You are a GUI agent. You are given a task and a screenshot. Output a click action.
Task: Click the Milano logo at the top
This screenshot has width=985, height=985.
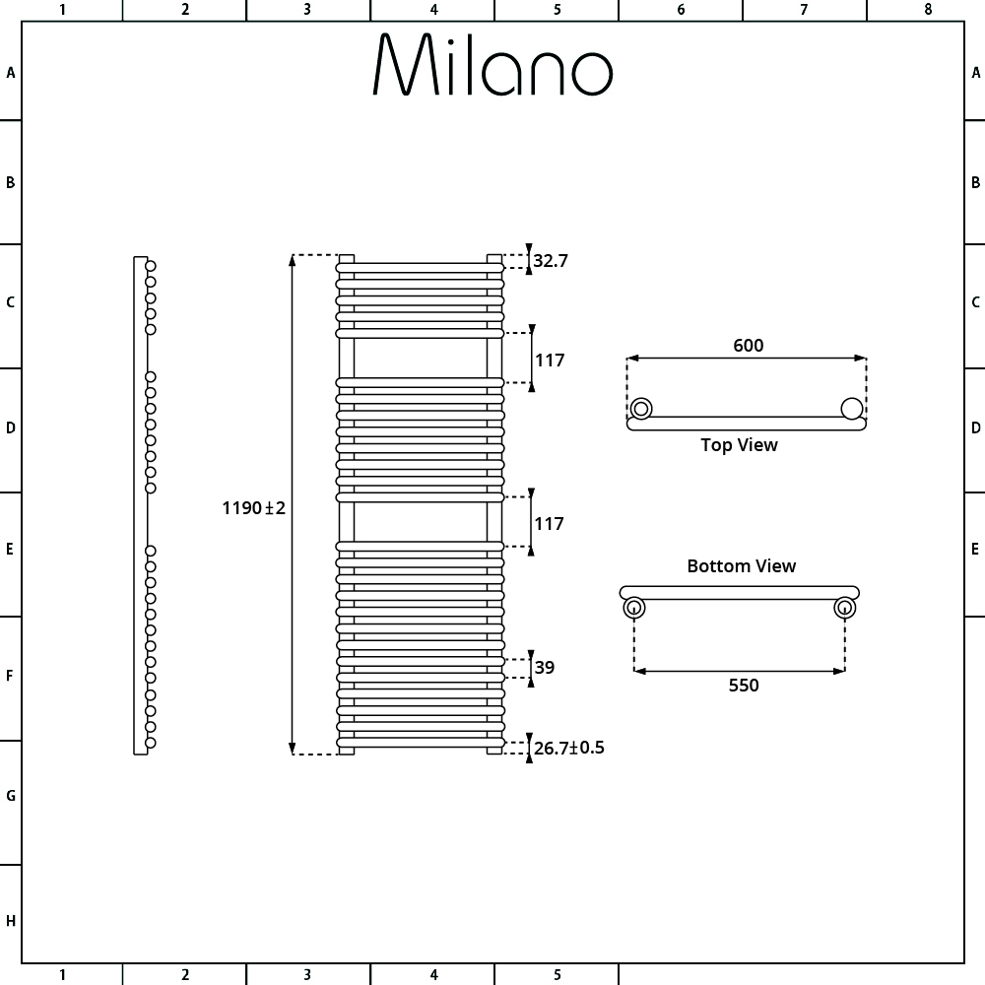coord(492,65)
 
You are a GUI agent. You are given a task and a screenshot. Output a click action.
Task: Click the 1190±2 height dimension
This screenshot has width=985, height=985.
coord(254,507)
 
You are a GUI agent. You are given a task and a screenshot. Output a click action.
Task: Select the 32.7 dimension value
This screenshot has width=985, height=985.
coord(551,261)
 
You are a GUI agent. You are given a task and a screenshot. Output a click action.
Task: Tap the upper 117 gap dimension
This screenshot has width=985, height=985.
coord(550,360)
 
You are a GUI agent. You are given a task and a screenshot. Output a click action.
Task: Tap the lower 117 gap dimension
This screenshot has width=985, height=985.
coord(549,523)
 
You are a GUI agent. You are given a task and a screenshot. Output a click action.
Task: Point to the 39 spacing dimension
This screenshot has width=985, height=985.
coord(545,667)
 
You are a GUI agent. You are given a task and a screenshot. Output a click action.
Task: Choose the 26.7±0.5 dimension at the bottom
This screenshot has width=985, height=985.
coord(569,748)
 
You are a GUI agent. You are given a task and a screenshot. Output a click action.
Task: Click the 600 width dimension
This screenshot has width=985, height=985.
coord(749,345)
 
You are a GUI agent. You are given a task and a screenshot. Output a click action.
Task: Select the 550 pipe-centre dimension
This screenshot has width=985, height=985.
coord(744,685)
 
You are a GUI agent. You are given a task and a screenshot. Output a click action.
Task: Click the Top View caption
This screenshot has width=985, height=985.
coord(740,445)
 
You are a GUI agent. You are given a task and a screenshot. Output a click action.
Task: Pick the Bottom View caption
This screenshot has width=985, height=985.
coord(742,566)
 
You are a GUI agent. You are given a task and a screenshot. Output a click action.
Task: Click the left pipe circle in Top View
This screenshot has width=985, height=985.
coord(641,409)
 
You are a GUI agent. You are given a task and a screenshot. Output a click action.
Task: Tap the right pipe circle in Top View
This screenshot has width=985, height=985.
coord(852,409)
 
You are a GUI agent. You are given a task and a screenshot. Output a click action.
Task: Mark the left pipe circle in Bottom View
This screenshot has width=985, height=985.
coord(633,608)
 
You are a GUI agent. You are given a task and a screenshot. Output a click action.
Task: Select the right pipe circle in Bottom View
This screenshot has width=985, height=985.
coord(844,608)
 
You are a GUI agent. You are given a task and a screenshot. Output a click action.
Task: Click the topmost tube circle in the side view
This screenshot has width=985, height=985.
coord(151,266)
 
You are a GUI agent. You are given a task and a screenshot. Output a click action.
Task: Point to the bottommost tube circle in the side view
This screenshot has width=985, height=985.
coord(151,743)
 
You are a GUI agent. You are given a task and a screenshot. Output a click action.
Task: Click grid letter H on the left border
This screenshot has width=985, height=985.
coord(11,921)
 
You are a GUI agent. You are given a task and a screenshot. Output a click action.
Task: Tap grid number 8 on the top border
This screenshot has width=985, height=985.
coord(928,10)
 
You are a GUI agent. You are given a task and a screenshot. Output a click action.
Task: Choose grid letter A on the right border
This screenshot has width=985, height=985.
coord(975,73)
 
